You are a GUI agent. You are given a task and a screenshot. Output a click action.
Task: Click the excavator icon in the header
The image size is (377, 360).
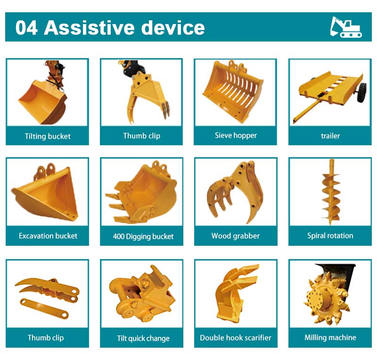point(346,27)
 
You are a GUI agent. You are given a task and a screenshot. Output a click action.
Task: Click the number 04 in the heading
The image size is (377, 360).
point(26,28)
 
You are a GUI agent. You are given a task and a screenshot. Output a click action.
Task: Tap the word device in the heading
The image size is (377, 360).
point(173,27)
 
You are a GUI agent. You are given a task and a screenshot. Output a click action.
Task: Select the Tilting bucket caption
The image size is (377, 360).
point(48,136)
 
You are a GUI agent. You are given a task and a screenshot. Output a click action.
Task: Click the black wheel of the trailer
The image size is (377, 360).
point(362,92)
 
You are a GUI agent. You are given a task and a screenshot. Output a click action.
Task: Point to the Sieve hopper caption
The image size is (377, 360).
point(236,135)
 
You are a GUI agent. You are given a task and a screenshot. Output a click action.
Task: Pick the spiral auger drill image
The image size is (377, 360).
point(331,192)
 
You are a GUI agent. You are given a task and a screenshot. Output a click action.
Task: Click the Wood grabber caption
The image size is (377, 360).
point(235,236)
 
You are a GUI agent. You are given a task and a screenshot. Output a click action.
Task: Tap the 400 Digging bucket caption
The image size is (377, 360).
point(143,236)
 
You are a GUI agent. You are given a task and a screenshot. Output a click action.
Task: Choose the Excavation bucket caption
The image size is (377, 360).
point(48,236)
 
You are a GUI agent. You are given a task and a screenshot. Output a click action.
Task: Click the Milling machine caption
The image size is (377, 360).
point(330,337)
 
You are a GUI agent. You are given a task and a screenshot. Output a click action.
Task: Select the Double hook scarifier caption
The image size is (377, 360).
point(235,338)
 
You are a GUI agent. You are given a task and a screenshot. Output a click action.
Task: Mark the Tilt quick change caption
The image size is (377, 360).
point(143,338)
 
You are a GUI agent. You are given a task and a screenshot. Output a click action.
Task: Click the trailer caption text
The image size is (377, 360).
point(330,136)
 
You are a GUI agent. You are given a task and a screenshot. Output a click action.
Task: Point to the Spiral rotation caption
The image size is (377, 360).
point(330,235)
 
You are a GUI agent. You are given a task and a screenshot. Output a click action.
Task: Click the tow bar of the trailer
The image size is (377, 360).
point(307,110)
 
